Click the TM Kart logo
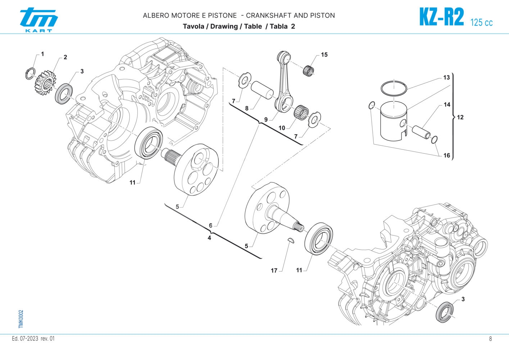(38, 20)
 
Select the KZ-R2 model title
(441, 17)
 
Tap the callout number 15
(324, 55)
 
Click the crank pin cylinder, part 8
(262, 90)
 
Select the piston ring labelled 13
(394, 88)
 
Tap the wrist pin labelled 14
(422, 131)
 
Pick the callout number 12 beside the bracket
(460, 117)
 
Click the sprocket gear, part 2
(45, 81)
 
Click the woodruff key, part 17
(291, 240)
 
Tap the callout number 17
(274, 270)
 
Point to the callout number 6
(211, 226)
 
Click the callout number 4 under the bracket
(209, 238)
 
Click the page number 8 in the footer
(490, 339)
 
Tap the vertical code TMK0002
(21, 319)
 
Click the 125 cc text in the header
(481, 22)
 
